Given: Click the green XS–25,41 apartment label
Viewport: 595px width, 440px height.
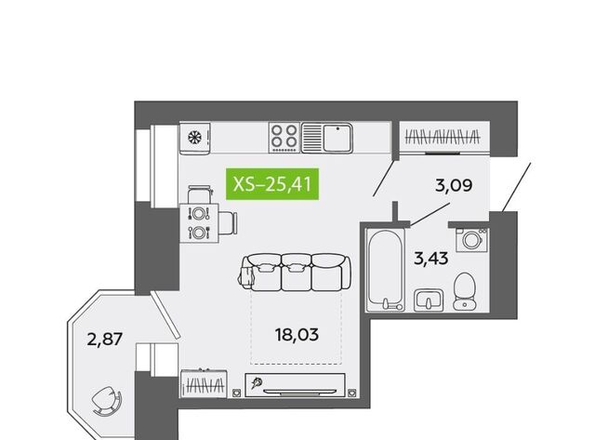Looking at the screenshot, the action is point(272,184).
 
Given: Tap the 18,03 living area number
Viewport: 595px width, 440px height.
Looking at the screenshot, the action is point(297,335).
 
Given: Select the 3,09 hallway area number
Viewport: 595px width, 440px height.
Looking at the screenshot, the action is point(454,186).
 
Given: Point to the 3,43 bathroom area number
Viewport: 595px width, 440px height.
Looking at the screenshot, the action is point(431,259).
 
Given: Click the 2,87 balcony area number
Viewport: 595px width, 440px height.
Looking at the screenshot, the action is point(105,339).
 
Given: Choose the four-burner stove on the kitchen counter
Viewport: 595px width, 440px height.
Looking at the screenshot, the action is point(284,138).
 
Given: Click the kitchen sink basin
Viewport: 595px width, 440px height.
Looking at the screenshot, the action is point(337,138).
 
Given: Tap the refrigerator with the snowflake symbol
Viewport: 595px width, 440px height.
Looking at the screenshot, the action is point(195,138).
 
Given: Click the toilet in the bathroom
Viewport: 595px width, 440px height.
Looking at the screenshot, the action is point(465,291).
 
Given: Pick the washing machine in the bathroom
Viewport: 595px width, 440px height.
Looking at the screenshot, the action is point(471,240).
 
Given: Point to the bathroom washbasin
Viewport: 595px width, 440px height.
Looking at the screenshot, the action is point(429,300).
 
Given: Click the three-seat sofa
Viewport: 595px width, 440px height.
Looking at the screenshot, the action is point(296,273).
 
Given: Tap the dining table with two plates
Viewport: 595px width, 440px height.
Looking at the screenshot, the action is point(199,223).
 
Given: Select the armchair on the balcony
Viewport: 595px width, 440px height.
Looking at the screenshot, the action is point(107,401).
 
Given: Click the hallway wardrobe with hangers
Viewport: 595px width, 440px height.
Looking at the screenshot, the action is point(443,138).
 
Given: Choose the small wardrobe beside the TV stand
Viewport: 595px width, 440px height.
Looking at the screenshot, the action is point(205,383).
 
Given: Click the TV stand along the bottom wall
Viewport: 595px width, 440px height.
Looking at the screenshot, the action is point(296,385).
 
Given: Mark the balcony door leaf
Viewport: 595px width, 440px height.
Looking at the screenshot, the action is point(165,315).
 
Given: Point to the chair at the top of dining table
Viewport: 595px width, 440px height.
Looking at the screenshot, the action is point(199,194).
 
